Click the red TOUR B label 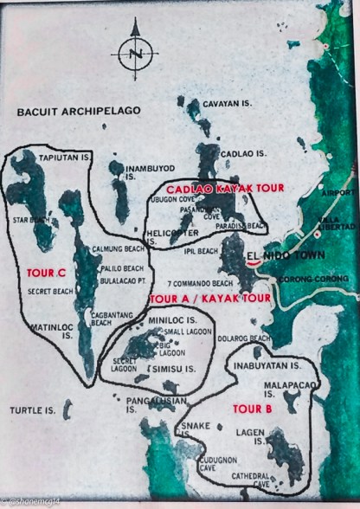[251, 408]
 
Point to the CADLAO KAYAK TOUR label [212, 188]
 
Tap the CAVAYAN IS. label [227, 104]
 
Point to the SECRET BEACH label [50, 292]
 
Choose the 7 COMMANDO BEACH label [201, 284]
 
